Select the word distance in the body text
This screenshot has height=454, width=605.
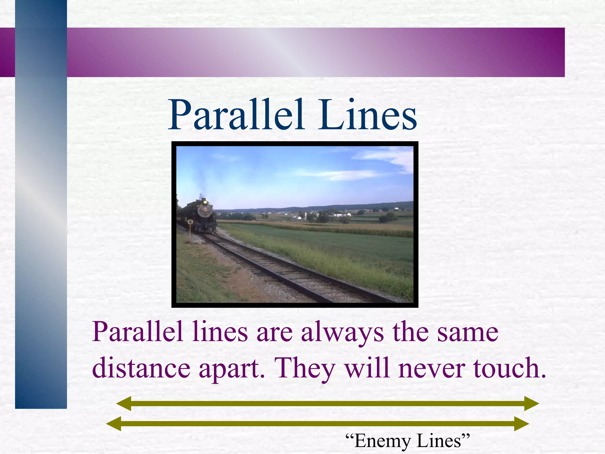pyautogui.click(x=141, y=368)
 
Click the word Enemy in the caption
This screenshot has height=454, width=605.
pyautogui.click(x=383, y=441)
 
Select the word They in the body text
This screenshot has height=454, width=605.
pyautogui.click(x=305, y=368)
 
